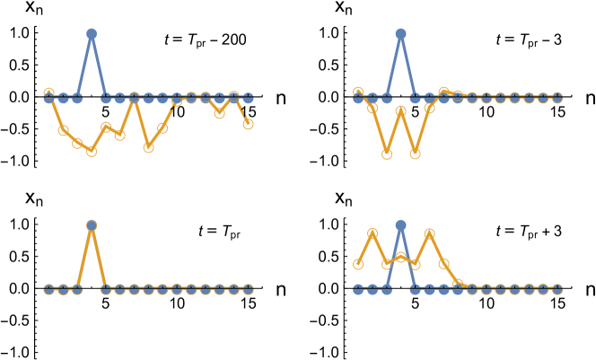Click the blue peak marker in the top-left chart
92,34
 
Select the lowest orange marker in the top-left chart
92,151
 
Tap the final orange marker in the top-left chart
248,124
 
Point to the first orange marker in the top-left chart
49,92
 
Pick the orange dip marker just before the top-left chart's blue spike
77,144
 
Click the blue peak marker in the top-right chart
400,34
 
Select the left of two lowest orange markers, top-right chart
387,154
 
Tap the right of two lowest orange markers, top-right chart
415,154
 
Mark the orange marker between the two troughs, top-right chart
400,111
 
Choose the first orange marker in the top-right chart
358,92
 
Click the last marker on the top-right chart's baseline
557,98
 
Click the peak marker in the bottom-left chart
92,225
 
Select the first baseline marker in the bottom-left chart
49,289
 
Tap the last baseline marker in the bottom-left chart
248,289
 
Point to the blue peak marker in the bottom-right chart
400,225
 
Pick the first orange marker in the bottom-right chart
358,264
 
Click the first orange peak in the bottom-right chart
372,233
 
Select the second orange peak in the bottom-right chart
429,234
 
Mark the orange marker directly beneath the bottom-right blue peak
400,258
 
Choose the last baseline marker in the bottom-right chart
557,289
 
